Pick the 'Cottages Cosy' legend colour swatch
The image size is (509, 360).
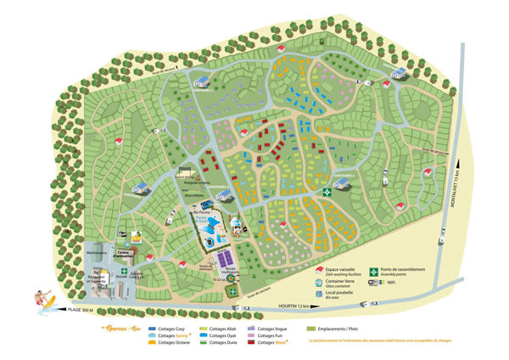(154, 328)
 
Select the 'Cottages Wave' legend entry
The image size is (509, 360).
(271, 343)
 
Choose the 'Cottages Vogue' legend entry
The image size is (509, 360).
(271, 328)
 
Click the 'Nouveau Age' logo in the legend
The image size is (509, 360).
(118, 328)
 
